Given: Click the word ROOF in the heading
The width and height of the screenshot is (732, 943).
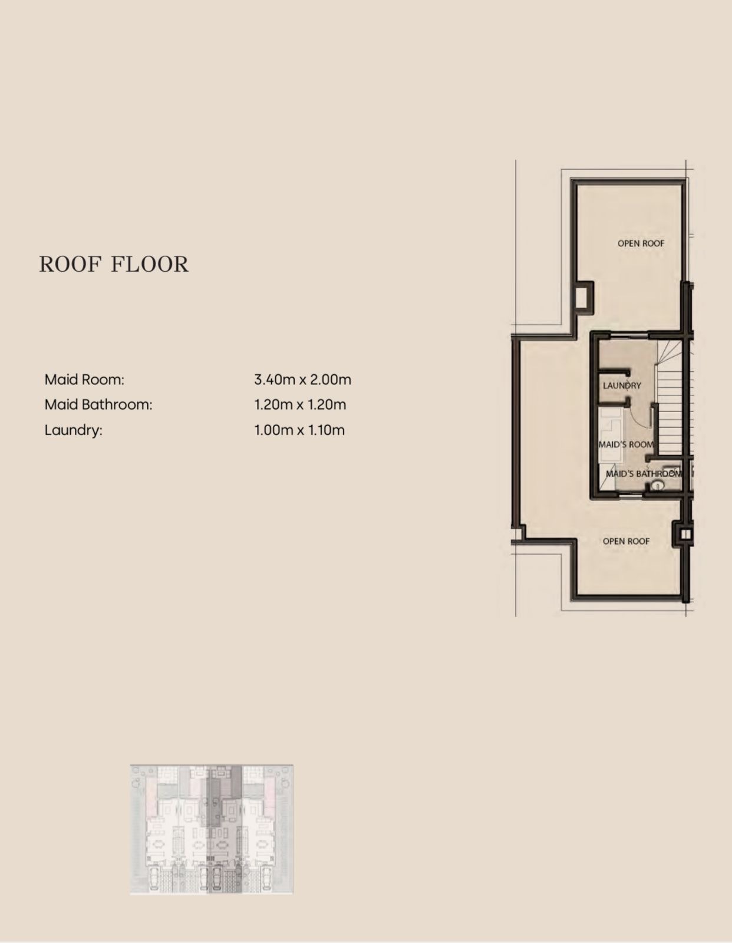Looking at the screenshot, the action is pyautogui.click(x=71, y=264).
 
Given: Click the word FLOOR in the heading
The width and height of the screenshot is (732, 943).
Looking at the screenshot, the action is pyautogui.click(x=150, y=264).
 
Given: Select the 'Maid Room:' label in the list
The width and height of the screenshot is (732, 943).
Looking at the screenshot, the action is pyautogui.click(x=84, y=380).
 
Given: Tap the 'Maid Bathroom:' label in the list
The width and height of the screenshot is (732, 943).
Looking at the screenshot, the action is pyautogui.click(x=98, y=405).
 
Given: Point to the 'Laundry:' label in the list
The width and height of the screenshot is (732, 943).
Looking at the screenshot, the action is pyautogui.click(x=73, y=430).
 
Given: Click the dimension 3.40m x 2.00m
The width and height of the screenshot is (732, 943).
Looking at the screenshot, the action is pyautogui.click(x=302, y=380).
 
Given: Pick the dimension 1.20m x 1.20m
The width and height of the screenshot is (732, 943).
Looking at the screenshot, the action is pyautogui.click(x=300, y=405).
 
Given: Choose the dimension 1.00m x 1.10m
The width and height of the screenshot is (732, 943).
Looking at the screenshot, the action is pyautogui.click(x=299, y=430).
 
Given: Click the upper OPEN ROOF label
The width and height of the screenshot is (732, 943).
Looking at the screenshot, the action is pyautogui.click(x=641, y=243).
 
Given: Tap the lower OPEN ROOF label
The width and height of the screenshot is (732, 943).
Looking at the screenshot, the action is pyautogui.click(x=626, y=541).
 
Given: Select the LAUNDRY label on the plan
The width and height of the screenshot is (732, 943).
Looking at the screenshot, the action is pyautogui.click(x=622, y=385).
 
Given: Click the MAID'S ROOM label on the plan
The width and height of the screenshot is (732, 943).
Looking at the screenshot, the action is pyautogui.click(x=626, y=444).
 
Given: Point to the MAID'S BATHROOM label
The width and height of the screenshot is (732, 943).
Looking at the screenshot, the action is pyautogui.click(x=644, y=473).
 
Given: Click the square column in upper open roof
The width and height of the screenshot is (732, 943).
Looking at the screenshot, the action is pyautogui.click(x=583, y=297).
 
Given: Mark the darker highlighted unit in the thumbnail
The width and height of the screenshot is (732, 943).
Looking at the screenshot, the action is pyautogui.click(x=225, y=830).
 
